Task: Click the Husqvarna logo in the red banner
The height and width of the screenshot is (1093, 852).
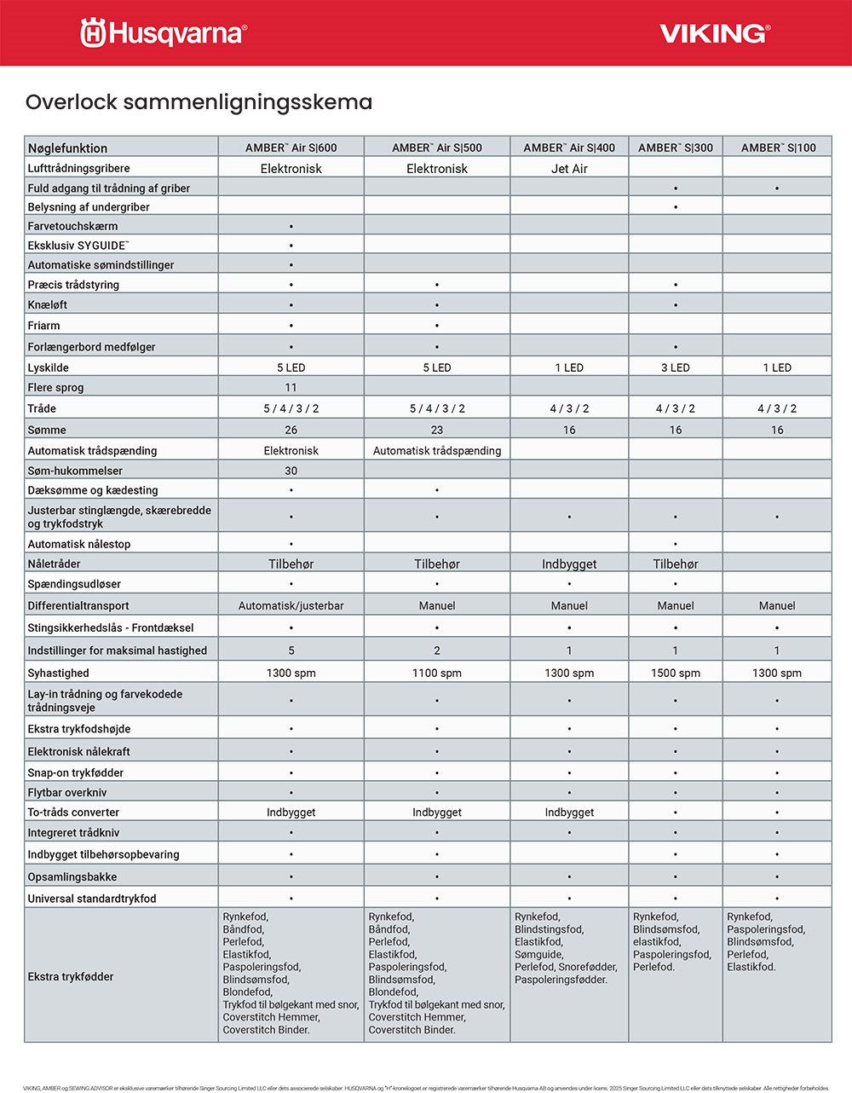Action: [164, 33]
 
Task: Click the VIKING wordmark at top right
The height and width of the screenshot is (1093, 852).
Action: [714, 33]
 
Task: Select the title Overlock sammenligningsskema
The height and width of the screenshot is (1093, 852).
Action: [199, 102]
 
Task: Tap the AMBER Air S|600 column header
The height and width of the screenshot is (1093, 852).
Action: [291, 147]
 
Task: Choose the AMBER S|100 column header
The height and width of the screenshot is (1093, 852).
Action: [777, 147]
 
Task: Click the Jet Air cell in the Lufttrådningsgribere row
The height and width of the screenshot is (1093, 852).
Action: [569, 169]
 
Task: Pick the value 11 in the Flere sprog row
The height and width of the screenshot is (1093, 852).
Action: [291, 387]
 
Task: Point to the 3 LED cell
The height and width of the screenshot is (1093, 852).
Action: [676, 367]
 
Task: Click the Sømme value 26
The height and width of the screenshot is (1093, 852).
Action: [291, 430]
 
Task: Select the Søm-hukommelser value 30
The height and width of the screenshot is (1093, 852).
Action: [291, 471]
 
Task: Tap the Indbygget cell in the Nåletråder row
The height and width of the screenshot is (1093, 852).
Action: [569, 564]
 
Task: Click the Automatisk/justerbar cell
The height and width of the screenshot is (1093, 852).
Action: [291, 605]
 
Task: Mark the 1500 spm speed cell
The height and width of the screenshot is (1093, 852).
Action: [676, 673]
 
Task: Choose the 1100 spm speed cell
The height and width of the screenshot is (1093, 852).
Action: [437, 673]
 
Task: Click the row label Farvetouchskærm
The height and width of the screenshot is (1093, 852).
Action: [72, 226]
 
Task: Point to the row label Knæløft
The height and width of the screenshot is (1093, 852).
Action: [48, 304]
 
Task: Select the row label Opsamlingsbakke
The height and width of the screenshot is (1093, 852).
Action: [72, 876]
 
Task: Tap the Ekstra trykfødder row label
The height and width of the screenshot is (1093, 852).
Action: [71, 976]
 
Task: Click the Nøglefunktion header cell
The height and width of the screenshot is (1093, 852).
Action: [67, 147]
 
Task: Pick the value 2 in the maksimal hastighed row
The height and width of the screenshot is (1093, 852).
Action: [437, 651]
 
